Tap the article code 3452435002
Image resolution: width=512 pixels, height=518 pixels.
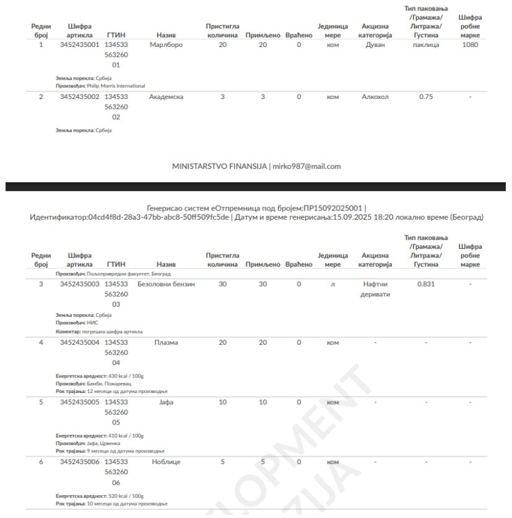pos(79,97)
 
